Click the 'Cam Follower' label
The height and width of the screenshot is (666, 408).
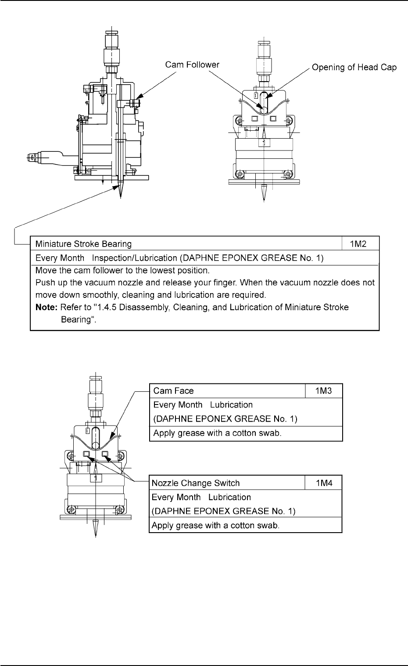(192, 65)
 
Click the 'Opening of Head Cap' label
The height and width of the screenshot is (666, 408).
(354, 68)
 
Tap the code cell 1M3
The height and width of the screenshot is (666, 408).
(323, 390)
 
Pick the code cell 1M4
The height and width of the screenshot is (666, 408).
(323, 483)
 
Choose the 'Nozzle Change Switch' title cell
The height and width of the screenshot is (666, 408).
(196, 483)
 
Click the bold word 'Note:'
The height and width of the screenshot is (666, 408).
(45, 308)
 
